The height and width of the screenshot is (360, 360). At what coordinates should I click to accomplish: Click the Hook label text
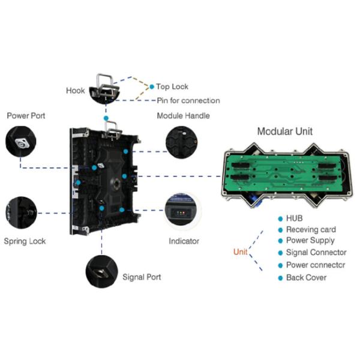tap(76, 91)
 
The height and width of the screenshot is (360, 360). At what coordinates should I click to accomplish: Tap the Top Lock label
tap(172, 87)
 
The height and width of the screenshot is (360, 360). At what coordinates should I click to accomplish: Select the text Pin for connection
tap(188, 101)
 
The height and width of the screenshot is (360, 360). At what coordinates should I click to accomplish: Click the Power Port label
tap(26, 115)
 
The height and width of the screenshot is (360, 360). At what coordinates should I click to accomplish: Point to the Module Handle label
tap(184, 115)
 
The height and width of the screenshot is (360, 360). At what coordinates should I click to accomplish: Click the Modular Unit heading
tap(284, 131)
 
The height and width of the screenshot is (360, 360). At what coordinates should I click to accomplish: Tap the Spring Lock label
tap(25, 241)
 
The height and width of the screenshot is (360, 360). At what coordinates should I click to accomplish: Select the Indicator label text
tap(184, 241)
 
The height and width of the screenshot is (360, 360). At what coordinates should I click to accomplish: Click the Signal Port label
tap(142, 277)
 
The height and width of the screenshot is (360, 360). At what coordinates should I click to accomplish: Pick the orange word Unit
tap(240, 252)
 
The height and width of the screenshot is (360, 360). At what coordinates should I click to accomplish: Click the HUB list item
tap(295, 219)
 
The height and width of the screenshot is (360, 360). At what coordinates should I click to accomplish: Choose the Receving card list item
tap(311, 230)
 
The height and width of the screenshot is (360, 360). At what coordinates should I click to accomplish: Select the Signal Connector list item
tap(316, 253)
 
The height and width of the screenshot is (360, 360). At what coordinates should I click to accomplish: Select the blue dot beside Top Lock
tap(152, 87)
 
